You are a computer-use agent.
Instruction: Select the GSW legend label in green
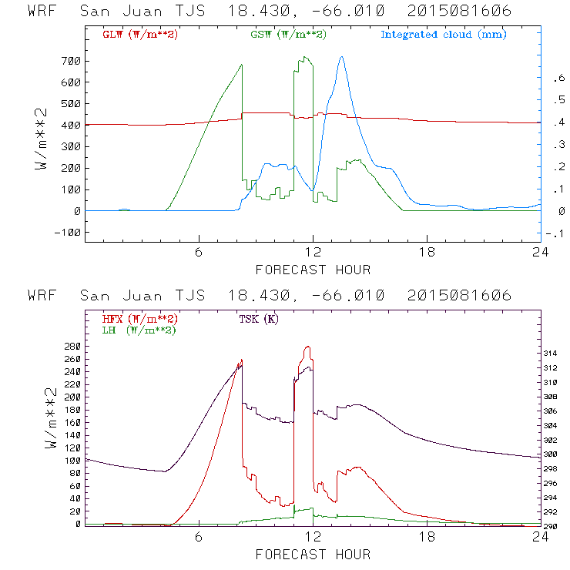[287, 35]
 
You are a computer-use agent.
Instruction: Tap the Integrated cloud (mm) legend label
[444, 35]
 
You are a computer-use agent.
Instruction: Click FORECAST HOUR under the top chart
[313, 270]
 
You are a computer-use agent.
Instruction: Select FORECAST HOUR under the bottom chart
[313, 554]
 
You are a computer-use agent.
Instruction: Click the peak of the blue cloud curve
[341, 56]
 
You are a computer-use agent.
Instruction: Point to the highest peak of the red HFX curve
[308, 347]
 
